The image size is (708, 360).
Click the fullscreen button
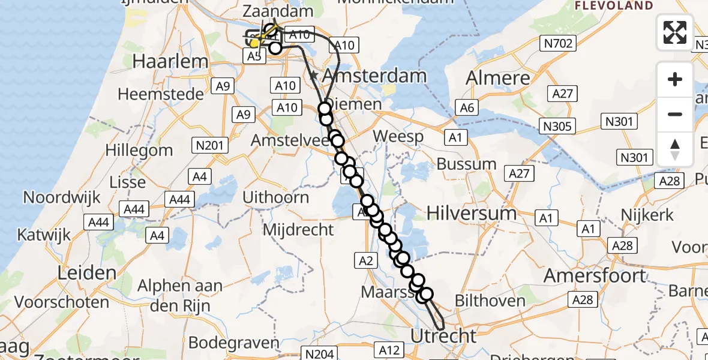pyautogui.click(x=675, y=32)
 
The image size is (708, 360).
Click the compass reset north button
pyautogui.click(x=675, y=149)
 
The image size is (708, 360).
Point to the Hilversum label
pyautogui.click(x=472, y=213)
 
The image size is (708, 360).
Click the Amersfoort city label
pyautogui.click(x=595, y=275)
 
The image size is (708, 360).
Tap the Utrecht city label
pyautogui.click(x=443, y=335)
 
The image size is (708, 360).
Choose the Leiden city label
pyautogui.click(x=87, y=273)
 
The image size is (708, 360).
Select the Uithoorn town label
pyautogui.click(x=277, y=197)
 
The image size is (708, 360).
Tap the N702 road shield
pyautogui.click(x=559, y=43)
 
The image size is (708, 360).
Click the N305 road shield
pyautogui.click(x=558, y=126)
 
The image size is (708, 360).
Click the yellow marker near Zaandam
pyautogui.click(x=254, y=43)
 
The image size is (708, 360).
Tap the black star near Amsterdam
pyautogui.click(x=313, y=76)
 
